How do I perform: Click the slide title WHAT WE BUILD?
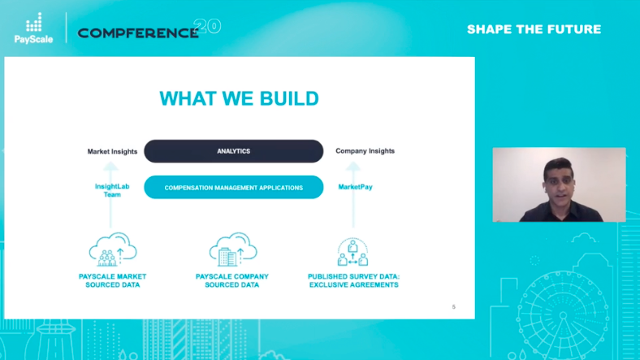(239, 98)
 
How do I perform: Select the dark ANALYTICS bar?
(233, 151)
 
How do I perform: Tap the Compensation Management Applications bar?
(233, 188)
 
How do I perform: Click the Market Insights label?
(112, 151)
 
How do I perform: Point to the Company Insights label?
(365, 151)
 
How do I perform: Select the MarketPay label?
(355, 188)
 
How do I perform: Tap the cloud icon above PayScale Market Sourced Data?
(112, 249)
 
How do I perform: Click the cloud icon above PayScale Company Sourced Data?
(232, 249)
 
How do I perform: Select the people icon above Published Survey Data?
(353, 251)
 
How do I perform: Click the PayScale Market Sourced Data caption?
(113, 280)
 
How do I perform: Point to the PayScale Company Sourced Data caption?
(232, 280)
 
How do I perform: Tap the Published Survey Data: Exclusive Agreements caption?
(353, 280)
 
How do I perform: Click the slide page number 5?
(453, 306)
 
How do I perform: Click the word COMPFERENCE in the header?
(138, 33)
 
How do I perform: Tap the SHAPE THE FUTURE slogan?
(534, 29)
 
